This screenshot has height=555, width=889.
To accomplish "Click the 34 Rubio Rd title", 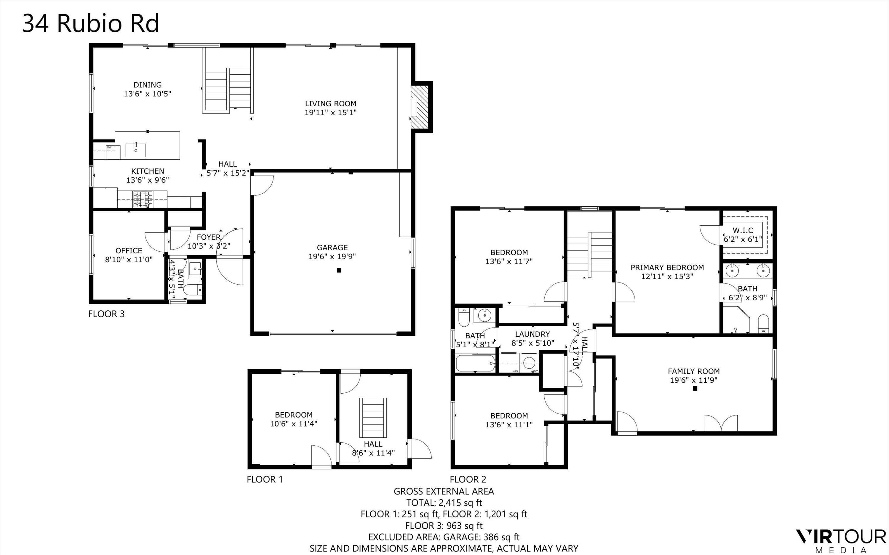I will click(x=91, y=23).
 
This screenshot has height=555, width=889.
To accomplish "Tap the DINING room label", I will click(x=147, y=85).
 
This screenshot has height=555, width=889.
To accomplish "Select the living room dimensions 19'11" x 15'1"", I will click(x=330, y=112).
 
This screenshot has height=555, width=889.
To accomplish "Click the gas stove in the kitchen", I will click(x=143, y=199).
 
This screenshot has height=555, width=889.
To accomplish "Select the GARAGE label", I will click(x=332, y=247).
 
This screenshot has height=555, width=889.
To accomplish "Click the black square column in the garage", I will click(x=339, y=270).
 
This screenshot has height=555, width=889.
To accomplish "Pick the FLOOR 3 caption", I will click(x=106, y=314).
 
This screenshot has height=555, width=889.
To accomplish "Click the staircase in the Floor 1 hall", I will click(x=373, y=417).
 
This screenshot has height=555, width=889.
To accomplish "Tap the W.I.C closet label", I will click(x=743, y=230).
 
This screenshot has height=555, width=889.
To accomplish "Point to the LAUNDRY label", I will click(x=532, y=334).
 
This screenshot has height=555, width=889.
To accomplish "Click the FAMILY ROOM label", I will click(x=693, y=371).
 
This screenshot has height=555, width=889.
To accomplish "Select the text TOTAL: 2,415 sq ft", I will click(x=444, y=503).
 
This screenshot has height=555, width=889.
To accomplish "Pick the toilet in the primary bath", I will click(x=763, y=323).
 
